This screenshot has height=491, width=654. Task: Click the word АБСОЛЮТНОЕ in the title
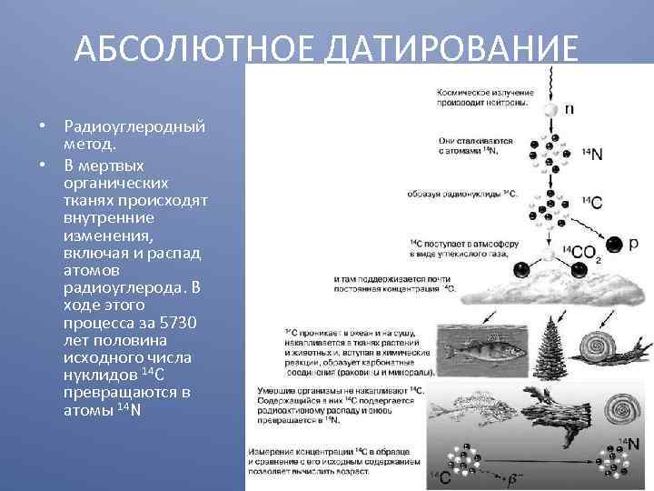coord(192,48)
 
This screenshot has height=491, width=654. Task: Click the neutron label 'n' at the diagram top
coord(569,108)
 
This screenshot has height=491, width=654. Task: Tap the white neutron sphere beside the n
coord(550,109)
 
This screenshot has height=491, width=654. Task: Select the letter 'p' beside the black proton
coord(633,243)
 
